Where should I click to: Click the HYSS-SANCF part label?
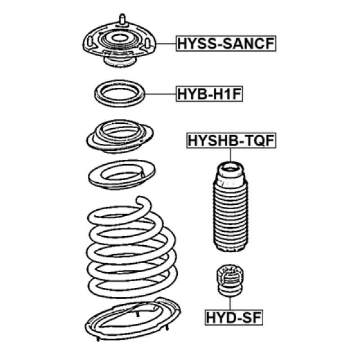(x=226, y=43)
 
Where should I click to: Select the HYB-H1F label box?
(x=209, y=94)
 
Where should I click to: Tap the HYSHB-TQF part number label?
(x=231, y=140)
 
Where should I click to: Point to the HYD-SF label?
(x=234, y=318)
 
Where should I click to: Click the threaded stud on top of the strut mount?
(x=122, y=19)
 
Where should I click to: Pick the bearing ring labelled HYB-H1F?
(x=120, y=94)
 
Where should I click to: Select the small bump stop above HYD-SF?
(x=230, y=280)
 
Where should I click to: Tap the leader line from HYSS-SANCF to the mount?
(x=166, y=43)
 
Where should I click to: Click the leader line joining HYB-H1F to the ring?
(x=161, y=94)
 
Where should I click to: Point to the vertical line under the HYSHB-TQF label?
(x=230, y=155)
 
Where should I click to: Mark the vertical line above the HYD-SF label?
(x=230, y=303)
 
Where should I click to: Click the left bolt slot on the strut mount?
(x=90, y=41)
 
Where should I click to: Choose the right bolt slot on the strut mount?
(x=148, y=43)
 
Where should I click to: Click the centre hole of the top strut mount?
(x=119, y=38)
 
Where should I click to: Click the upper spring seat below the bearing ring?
(x=120, y=136)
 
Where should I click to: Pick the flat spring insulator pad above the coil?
(x=122, y=175)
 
